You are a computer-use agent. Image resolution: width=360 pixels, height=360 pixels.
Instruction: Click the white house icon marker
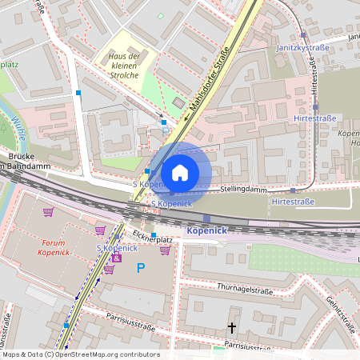click(180, 173)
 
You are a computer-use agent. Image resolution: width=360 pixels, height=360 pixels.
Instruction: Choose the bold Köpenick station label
click(207, 230)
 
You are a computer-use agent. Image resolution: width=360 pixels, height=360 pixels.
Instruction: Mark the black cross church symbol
click(233, 327)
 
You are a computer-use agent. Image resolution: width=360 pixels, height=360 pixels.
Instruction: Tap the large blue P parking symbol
click(142, 268)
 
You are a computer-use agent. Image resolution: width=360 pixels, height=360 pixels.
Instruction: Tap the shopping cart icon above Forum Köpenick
click(49, 212)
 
